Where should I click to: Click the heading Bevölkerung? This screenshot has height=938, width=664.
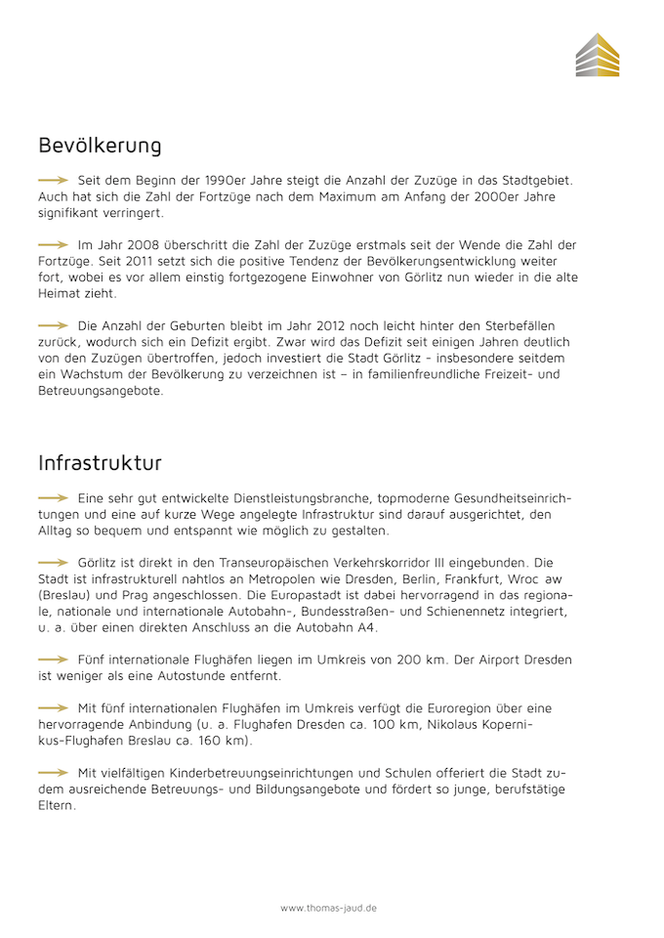coord(100,146)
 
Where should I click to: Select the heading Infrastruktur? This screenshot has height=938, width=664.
coord(100,461)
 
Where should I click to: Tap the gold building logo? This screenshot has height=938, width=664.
coord(597,55)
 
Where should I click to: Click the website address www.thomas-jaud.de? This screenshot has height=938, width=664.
coord(329,908)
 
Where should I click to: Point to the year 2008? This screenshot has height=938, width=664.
coord(132,244)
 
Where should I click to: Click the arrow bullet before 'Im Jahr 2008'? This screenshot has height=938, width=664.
coord(53,244)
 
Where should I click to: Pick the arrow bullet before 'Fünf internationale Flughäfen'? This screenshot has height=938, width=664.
coord(53,660)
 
